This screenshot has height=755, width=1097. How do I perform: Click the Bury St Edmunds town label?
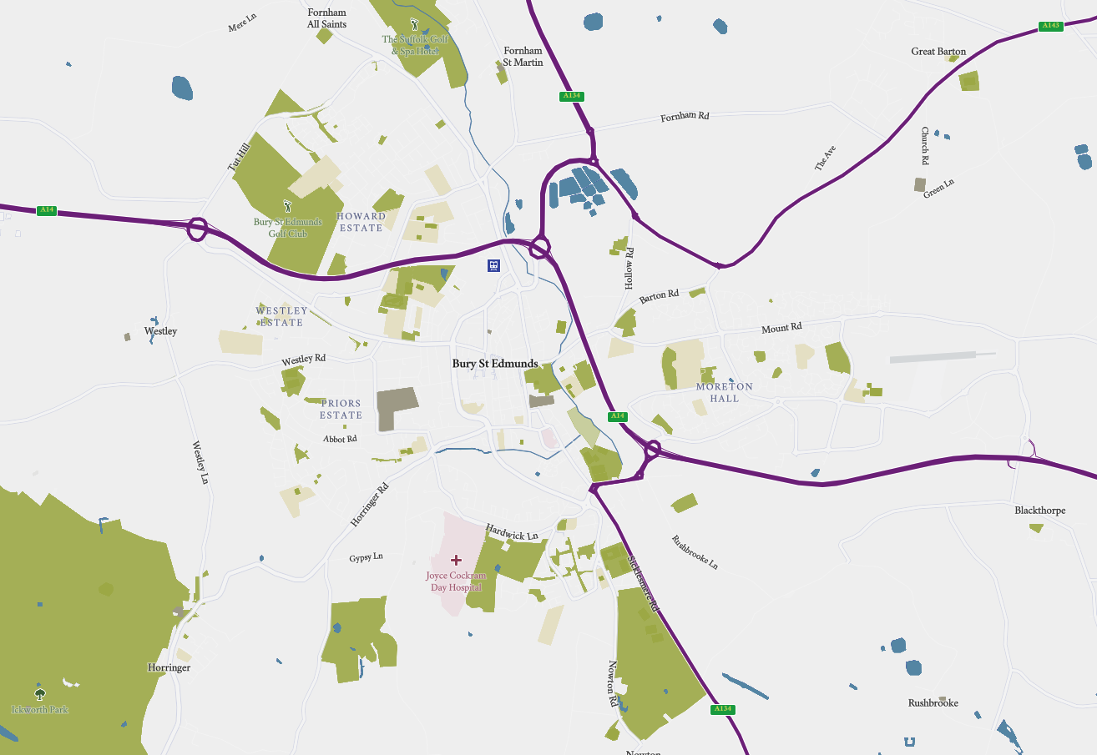[x=495, y=364]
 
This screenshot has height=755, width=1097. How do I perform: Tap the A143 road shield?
[x=1050, y=26]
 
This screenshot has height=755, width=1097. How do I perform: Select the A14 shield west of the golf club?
[x=47, y=210]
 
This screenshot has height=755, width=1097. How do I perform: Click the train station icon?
[x=494, y=265]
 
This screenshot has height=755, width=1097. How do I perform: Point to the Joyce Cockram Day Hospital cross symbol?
[x=456, y=560]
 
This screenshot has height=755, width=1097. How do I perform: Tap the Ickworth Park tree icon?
[x=39, y=693]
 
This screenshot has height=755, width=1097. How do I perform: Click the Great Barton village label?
[x=938, y=52]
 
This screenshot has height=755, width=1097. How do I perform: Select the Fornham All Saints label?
[x=326, y=18]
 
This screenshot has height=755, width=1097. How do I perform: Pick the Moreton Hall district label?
[x=724, y=392]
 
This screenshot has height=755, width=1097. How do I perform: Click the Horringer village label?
[x=169, y=667]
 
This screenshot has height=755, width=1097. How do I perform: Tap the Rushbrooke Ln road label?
[x=695, y=552]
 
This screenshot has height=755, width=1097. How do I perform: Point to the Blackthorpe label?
[x=1039, y=510]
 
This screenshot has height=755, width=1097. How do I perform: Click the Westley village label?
[x=160, y=331]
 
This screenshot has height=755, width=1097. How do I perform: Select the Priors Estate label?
[x=341, y=409]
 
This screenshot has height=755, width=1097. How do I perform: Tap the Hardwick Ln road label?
[x=512, y=531]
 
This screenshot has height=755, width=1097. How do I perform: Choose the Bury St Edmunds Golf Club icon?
[x=288, y=205]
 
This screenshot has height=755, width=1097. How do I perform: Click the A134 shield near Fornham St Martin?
[x=570, y=96]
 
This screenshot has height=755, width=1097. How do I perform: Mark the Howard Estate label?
[x=361, y=222]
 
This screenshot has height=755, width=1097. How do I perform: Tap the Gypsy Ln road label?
[x=366, y=556]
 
